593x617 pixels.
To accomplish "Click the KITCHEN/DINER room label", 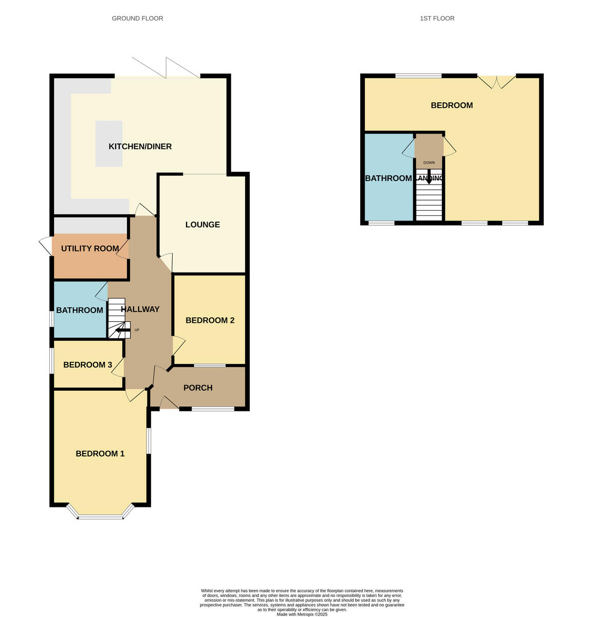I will [140, 147].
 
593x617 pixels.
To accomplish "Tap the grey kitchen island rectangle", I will [108, 143].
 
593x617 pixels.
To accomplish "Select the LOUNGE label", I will [202, 225].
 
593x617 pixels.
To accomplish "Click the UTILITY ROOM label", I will [90, 248].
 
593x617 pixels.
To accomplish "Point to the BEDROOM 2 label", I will [210, 320].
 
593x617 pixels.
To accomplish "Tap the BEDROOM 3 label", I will [87, 365].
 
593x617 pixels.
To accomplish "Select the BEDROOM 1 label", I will [100, 453].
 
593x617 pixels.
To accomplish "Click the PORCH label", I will [198, 388].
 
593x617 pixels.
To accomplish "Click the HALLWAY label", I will [140, 309].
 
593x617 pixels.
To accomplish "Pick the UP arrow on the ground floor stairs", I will [123, 331].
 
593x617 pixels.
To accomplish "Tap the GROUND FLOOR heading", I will [137, 19].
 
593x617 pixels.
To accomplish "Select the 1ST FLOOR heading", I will [437, 19].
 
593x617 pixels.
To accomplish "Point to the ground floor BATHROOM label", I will [80, 310].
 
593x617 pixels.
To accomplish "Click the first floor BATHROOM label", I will [388, 178].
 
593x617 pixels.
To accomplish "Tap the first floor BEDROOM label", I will [451, 105].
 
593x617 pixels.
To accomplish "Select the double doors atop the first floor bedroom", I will [496, 81].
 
